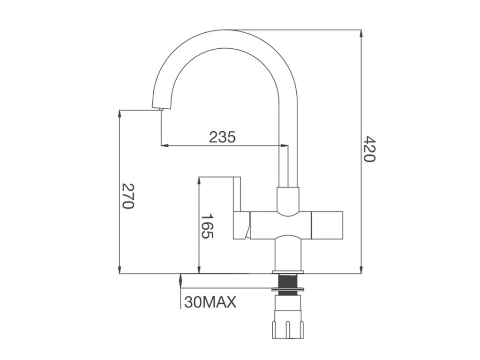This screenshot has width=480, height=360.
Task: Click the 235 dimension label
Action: click(222, 137)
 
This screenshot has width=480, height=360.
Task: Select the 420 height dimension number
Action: click(370, 149)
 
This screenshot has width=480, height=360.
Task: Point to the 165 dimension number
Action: click(207, 226)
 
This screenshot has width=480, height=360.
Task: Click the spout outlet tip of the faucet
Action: click(161, 109)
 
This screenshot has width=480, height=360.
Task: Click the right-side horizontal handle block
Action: click(327, 225)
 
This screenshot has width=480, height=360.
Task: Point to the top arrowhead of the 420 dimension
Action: click(361, 33)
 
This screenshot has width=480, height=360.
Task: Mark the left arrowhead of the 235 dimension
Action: click(164, 145)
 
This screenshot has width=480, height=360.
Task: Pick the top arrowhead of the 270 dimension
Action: click(120, 113)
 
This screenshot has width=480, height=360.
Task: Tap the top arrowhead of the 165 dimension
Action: click(199, 180)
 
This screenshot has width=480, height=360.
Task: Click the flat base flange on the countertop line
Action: click(288, 272)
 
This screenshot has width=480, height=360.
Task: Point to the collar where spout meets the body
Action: click(287, 199)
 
